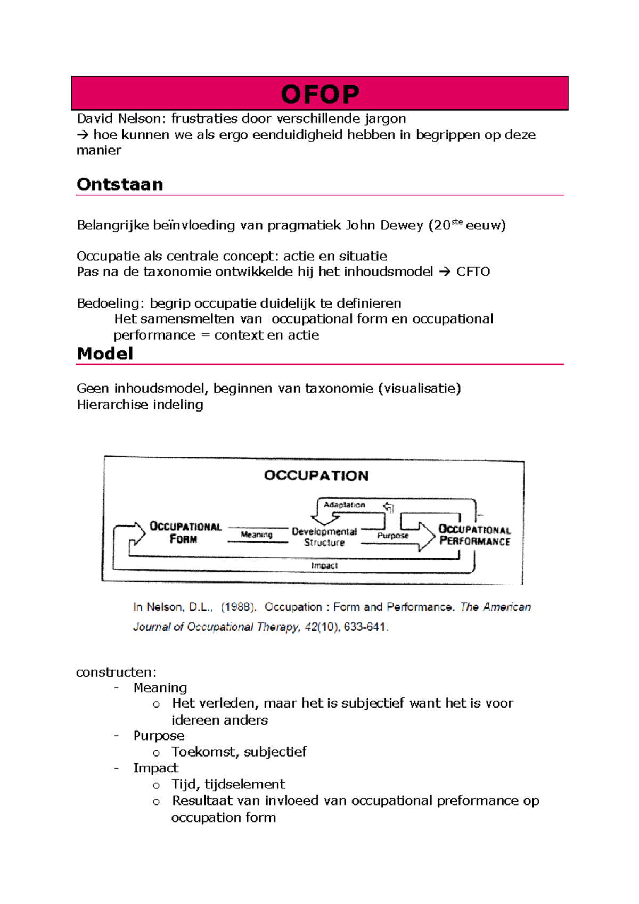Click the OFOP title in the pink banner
pos(320,94)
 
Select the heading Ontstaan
pos(120,184)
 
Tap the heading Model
pos(105,354)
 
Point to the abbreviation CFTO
pos(473,272)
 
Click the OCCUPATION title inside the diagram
pos(316,475)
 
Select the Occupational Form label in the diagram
pos(185,532)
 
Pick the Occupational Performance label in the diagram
pos(474,535)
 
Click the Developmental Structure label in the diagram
pos(324,537)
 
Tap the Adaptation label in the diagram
pos(345,505)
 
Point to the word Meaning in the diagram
pos(257,535)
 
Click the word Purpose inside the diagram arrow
pos(392,536)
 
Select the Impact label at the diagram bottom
pos(324,565)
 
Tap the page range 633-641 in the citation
pos(365,627)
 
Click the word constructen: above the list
pos(116,672)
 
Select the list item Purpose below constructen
pos(159,735)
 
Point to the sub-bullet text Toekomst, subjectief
pos(239,752)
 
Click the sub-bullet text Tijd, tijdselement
pos(228,784)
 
